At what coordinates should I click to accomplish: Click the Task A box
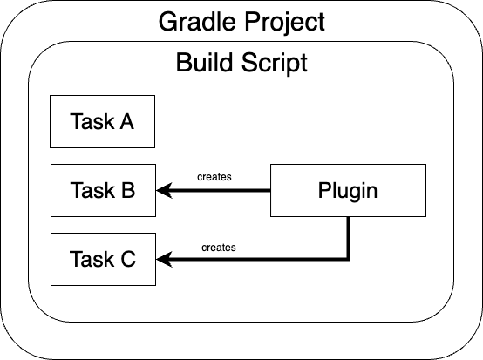[102, 122]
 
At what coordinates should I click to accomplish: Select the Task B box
[103, 190]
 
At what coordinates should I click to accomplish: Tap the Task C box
[103, 259]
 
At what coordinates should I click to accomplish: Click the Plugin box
[348, 190]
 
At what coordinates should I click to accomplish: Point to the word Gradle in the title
[197, 22]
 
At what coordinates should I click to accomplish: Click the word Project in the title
[284, 22]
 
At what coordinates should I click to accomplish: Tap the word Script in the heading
[275, 63]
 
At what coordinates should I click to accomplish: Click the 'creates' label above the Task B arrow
[214, 177]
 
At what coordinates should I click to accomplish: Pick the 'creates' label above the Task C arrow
[219, 248]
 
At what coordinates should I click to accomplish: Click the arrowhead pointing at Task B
[163, 190]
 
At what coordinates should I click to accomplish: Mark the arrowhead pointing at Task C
[163, 259]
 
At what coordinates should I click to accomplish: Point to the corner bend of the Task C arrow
[349, 259]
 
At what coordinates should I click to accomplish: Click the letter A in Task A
[127, 121]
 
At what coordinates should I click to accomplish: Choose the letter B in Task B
[128, 190]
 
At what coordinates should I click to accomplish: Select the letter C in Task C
[128, 259]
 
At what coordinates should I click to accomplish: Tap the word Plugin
[348, 192]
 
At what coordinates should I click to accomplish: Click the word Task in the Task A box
[92, 121]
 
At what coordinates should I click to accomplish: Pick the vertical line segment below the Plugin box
[349, 238]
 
